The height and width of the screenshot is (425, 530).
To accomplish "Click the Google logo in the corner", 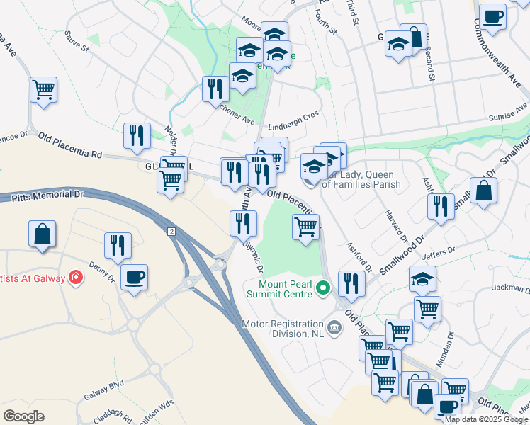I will tap(24, 416).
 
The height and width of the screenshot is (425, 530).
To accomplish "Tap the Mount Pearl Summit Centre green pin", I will tap(323, 288).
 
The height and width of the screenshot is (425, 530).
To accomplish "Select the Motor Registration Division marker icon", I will tap(335, 327).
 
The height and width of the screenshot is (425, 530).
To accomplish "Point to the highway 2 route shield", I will tap(171, 232).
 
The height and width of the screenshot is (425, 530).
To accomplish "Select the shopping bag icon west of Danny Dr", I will tap(43, 234).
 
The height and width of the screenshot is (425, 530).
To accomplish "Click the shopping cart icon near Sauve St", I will tap(44, 90).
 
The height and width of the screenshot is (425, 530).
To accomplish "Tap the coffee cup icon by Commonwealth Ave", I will tap(492, 16).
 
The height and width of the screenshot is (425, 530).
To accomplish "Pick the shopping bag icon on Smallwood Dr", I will tap(483, 191).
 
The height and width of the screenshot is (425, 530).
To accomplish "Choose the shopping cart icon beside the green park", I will tap(305, 227).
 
